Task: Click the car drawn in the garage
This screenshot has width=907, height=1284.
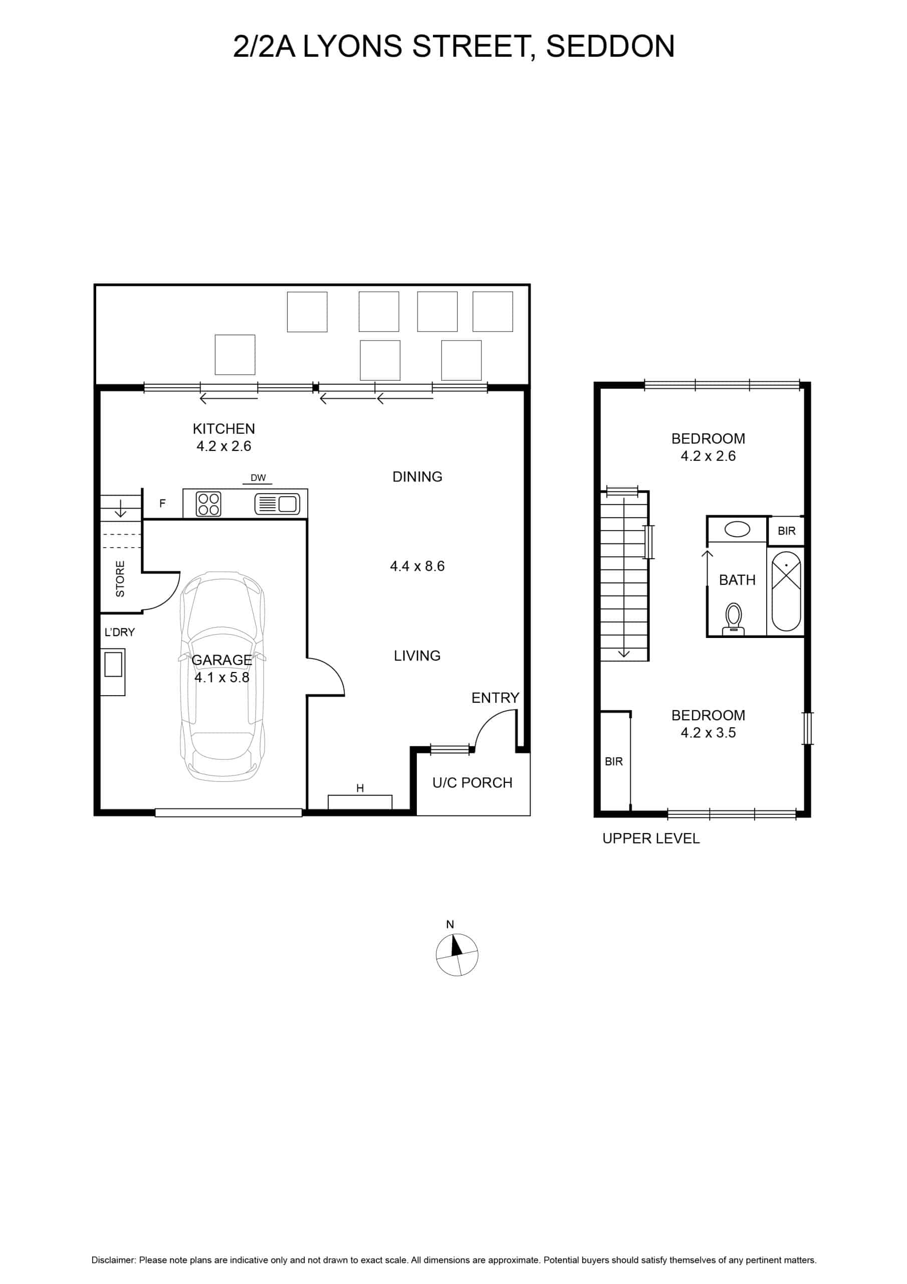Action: tap(222, 676)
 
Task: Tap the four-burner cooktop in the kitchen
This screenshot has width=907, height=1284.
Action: tap(208, 504)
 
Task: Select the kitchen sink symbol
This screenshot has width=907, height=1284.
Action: tap(277, 504)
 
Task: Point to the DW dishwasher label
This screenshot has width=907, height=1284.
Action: tap(258, 477)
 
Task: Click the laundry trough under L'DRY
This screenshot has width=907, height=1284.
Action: tap(113, 672)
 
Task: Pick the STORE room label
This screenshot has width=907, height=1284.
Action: tap(120, 579)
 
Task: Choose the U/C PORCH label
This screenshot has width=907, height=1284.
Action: tap(472, 782)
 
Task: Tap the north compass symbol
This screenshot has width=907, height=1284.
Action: tap(457, 954)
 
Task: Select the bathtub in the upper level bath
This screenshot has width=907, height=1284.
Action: tap(786, 591)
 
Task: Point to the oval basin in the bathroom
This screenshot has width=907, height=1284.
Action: tap(737, 529)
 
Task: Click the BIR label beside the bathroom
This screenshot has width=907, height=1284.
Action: tap(786, 531)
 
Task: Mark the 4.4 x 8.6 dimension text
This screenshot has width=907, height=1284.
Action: tap(417, 566)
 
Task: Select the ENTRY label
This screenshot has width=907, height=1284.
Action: tap(495, 697)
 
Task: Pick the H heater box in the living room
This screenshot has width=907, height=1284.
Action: tap(360, 801)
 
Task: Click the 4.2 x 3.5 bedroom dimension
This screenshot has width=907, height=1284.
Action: tap(708, 733)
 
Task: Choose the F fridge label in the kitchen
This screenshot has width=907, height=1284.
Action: tap(163, 503)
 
